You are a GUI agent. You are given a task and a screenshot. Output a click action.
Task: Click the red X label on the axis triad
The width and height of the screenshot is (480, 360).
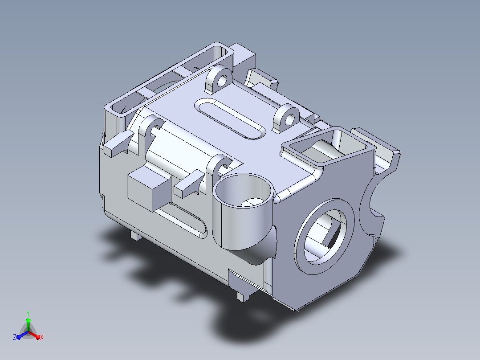[x=42, y=337]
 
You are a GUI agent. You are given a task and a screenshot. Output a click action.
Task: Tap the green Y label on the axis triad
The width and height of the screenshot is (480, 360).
[x=28, y=313]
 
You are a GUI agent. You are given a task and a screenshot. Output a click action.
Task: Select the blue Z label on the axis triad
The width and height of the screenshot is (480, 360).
[x=15, y=337]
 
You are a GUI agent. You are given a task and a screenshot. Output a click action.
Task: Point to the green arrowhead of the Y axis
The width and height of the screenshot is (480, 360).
[x=28, y=320]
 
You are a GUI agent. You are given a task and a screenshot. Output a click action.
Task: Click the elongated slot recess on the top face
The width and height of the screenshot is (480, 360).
[x=230, y=119]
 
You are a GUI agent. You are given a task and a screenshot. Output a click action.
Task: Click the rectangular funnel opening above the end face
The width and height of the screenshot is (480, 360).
[x=328, y=146]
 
